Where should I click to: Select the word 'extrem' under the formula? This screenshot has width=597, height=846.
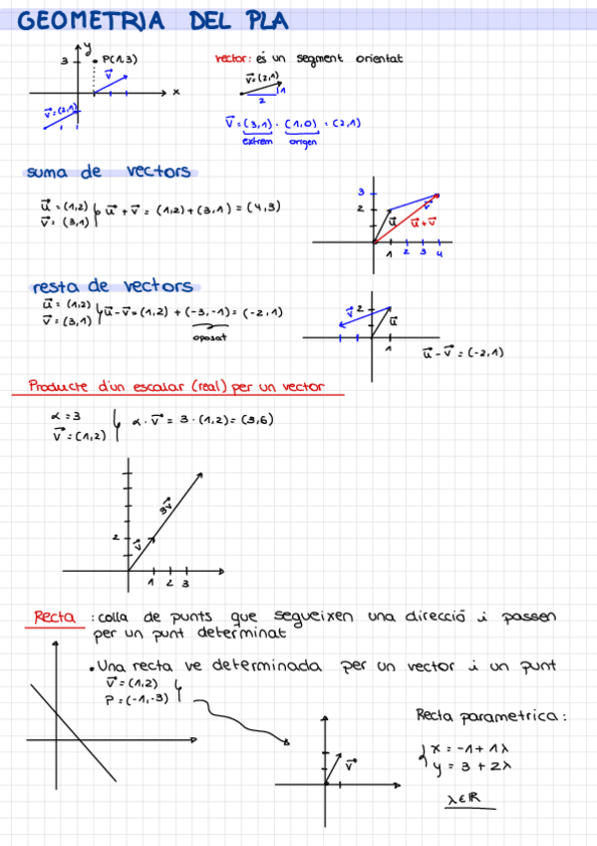257,141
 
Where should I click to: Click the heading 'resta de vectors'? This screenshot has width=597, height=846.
113,286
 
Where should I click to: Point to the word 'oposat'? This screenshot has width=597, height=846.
210,337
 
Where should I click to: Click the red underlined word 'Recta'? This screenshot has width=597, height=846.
54,618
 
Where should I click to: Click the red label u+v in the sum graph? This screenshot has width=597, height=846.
423,223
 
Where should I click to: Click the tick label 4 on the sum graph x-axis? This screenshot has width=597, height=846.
440,253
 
